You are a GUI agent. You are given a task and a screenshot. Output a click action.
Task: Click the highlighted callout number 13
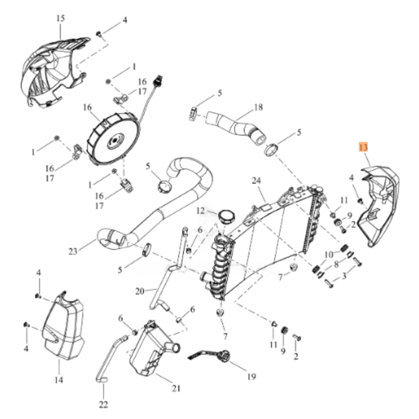(363, 147)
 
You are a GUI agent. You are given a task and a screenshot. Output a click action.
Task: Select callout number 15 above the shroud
(61, 18)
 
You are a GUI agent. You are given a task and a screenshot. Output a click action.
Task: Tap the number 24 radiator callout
(256, 180)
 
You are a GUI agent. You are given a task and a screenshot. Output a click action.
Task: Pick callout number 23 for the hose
(73, 252)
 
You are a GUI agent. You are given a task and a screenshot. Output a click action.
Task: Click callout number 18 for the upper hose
(258, 107)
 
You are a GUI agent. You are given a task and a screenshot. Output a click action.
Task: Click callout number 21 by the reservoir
(176, 388)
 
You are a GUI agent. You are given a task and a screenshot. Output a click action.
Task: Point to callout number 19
(252, 376)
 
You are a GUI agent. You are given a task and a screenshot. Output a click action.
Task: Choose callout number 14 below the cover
(59, 380)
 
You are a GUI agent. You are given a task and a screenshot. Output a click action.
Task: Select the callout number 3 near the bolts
(344, 276)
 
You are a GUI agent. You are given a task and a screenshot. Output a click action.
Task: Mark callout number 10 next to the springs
(329, 255)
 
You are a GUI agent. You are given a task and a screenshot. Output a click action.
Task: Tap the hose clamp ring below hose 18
(271, 150)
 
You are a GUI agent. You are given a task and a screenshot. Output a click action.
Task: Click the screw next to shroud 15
(99, 34)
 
